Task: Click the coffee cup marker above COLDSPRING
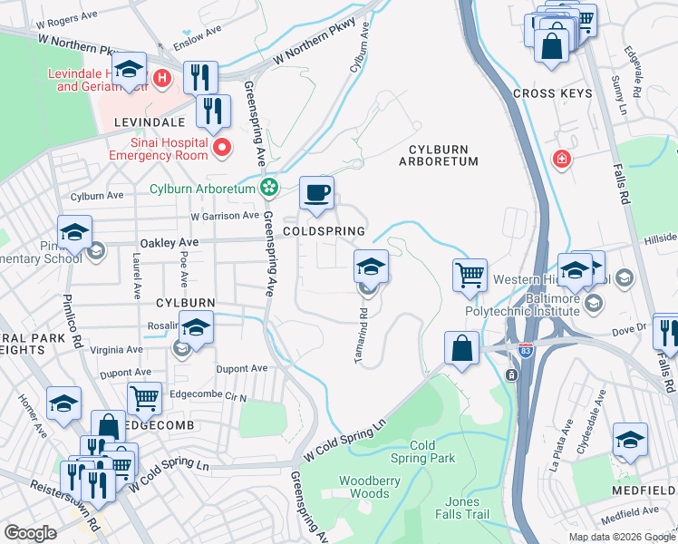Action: click(316, 194)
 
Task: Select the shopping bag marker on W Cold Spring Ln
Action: click(461, 349)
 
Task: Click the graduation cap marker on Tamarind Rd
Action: click(370, 268)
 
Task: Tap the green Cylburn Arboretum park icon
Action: click(268, 189)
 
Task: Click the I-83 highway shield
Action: click(512, 375)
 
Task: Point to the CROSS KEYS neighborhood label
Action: click(552, 93)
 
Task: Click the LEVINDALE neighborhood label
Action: click(150, 121)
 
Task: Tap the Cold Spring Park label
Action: click(432, 452)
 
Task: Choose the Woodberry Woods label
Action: click(369, 487)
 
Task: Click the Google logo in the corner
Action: click(30, 533)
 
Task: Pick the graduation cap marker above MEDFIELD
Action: click(630, 441)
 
